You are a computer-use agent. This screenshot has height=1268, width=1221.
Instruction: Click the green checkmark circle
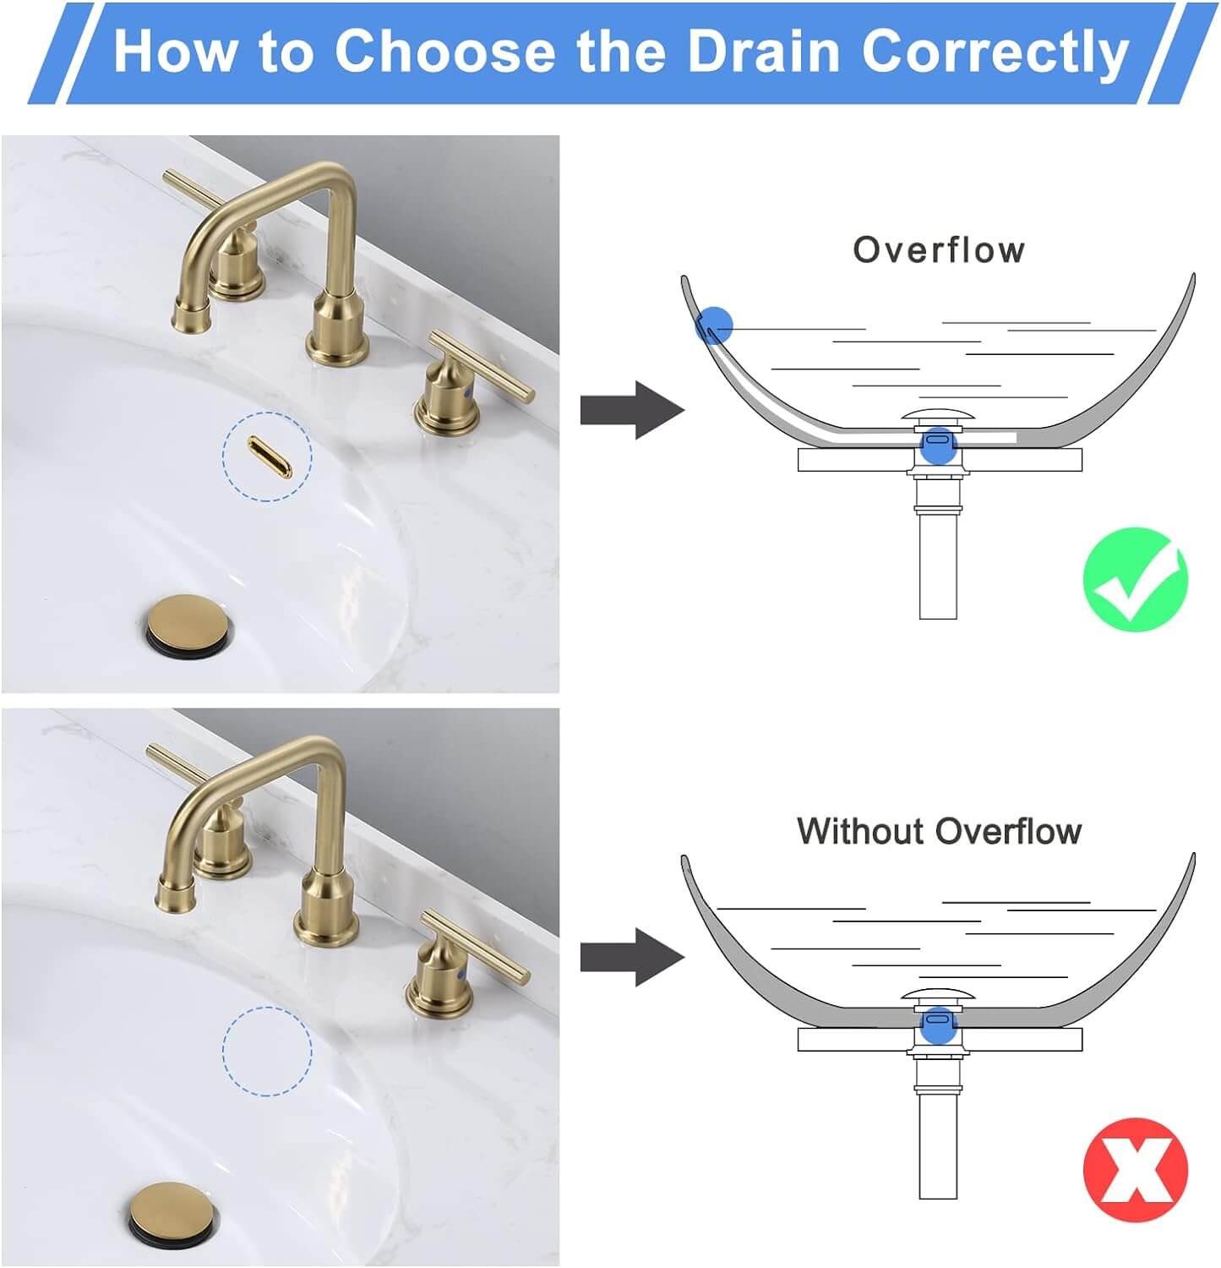click(1135, 579)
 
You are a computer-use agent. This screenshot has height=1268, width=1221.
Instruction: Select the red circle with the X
click(1135, 1170)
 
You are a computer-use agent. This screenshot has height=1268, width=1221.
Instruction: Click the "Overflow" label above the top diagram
click(939, 250)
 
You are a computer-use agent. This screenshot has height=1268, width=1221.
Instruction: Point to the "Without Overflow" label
click(939, 831)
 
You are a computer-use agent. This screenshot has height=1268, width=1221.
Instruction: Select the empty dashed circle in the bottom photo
click(267, 1051)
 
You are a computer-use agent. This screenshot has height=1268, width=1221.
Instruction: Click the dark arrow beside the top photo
click(631, 410)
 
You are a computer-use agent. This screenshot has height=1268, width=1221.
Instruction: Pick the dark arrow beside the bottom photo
click(631, 957)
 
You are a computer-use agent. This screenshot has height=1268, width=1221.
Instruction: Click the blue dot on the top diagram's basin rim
click(714, 325)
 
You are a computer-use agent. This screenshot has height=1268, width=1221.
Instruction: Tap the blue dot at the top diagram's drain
click(937, 444)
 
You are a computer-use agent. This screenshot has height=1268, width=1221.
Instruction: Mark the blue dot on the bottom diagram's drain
click(937, 1025)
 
